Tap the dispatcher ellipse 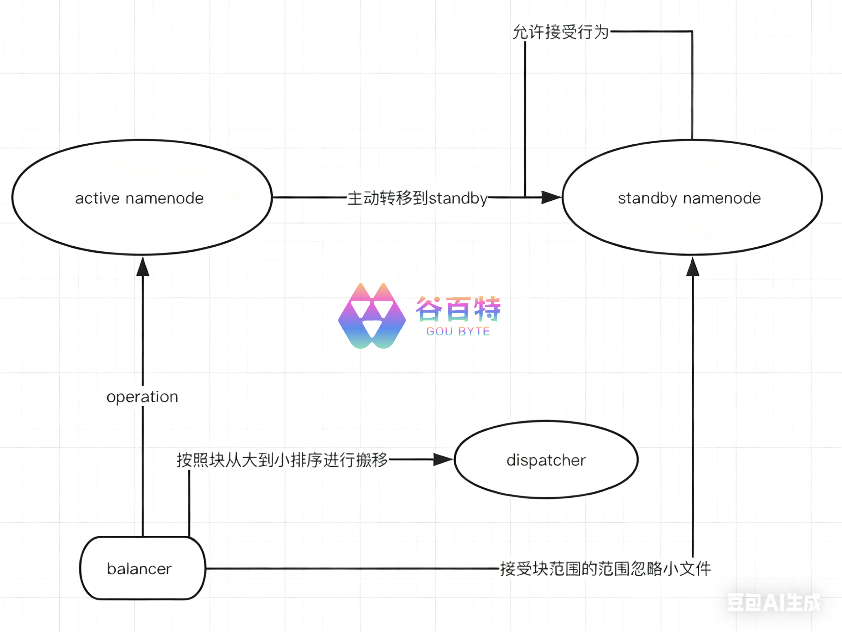point(546,460)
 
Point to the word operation point(142,397)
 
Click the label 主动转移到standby point(417,198)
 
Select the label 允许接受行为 point(560,32)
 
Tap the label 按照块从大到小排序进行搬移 point(282,460)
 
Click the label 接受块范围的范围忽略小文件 point(605,569)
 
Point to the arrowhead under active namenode point(143,267)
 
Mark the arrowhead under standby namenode point(692,267)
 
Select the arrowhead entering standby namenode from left point(551,197)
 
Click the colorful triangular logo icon point(372,316)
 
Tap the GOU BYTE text point(458,331)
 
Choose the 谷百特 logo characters point(458,309)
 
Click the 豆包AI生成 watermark point(774,602)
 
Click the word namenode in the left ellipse point(165,198)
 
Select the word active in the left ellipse point(98,198)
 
